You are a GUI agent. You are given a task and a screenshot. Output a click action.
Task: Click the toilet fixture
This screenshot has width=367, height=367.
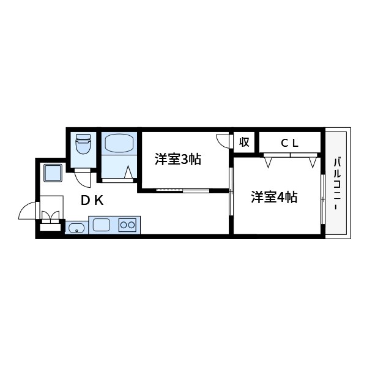click(x=82, y=146)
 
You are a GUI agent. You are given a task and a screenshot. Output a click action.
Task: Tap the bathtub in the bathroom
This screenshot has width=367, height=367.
click(x=119, y=144)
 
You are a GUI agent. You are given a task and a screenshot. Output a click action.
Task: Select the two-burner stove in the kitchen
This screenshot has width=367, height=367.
click(x=128, y=225)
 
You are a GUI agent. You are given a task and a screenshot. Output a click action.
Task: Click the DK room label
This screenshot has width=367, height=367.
click(x=92, y=200)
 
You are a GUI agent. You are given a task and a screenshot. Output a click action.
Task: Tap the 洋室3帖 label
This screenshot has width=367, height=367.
click(x=178, y=160)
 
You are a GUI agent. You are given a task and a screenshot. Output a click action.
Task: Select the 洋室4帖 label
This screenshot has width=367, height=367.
click(x=274, y=198)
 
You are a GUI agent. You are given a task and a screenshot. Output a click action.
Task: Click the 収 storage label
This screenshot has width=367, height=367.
click(x=243, y=143)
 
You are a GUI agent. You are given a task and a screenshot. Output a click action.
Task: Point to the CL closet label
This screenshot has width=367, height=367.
click(x=289, y=143)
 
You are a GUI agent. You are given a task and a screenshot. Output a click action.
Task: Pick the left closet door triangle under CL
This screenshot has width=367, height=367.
click(x=269, y=162)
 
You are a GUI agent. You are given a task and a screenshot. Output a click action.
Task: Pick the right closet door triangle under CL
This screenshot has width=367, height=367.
click(x=313, y=162)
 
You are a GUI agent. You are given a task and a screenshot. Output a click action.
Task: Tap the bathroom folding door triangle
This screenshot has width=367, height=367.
click(x=129, y=173)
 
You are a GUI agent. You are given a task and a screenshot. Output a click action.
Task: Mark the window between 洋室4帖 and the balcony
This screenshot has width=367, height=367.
click(x=322, y=198)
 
